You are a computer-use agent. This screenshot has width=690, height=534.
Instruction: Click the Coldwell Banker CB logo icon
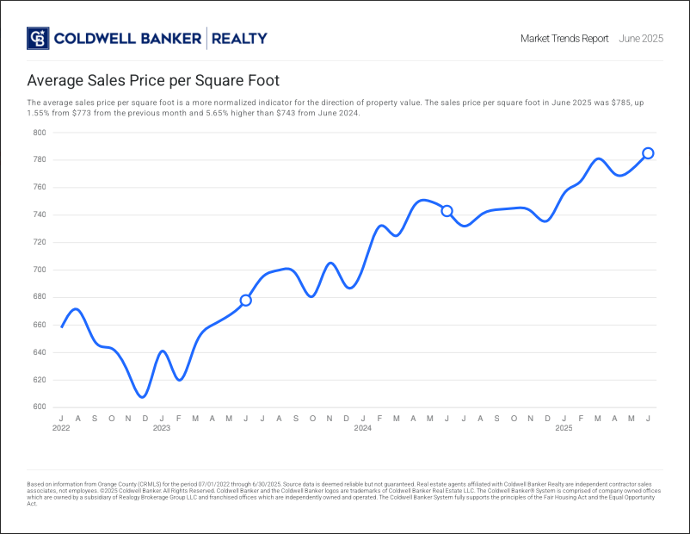[38, 39]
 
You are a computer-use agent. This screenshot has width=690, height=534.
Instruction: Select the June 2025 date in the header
[641, 39]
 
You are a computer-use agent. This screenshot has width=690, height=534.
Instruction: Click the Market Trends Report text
[564, 39]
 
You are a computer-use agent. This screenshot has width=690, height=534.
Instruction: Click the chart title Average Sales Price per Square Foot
[153, 81]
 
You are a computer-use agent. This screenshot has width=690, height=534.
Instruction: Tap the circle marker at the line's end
[648, 153]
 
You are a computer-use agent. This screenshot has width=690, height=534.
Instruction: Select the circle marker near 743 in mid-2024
[447, 211]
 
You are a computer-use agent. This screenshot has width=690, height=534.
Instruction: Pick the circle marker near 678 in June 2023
[245, 300]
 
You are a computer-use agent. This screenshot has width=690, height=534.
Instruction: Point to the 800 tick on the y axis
[40, 133]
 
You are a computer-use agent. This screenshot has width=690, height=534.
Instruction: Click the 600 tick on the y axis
[40, 407]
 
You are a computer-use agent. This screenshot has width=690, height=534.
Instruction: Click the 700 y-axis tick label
[40, 270]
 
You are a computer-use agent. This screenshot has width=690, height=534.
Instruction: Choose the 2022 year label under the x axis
[61, 428]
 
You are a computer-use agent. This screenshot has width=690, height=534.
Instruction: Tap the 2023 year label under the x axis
[162, 428]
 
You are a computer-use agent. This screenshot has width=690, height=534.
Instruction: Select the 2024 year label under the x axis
[363, 428]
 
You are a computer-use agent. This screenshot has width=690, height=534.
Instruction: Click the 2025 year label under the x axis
[564, 428]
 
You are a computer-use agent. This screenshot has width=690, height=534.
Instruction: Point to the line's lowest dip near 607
[143, 397]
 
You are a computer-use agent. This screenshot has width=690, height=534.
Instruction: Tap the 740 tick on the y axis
[40, 215]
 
